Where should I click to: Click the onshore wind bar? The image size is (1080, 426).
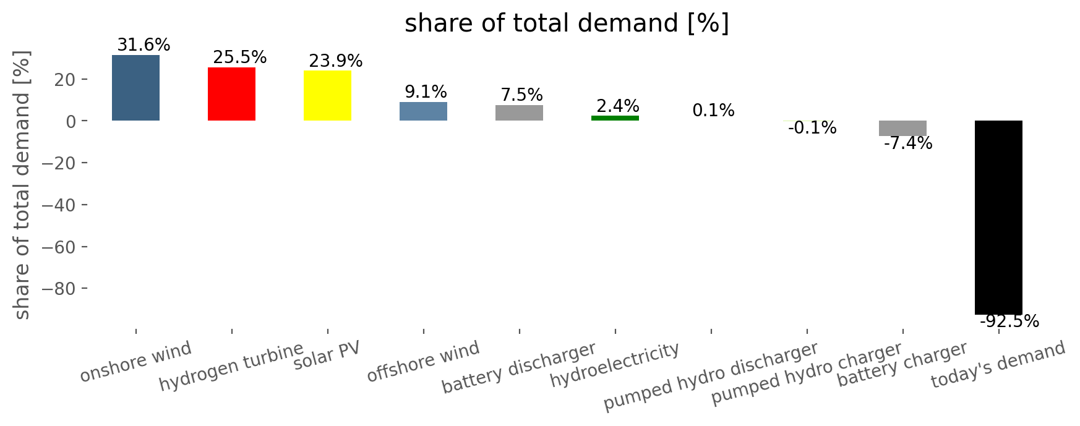(135, 88)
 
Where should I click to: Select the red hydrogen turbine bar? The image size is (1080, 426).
(231, 94)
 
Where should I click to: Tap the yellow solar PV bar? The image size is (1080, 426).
(327, 96)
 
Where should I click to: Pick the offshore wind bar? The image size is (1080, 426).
(423, 111)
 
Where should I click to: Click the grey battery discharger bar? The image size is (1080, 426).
(519, 113)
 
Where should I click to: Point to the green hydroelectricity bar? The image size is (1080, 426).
(615, 118)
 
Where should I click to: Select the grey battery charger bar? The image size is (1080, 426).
(902, 128)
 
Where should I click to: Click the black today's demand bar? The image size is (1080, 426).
(998, 218)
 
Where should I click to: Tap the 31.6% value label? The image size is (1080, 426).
(144, 45)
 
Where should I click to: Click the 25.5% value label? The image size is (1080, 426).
(240, 58)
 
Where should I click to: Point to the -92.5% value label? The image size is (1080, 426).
(1009, 322)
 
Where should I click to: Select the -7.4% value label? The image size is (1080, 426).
(908, 143)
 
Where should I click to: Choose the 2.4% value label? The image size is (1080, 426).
(618, 106)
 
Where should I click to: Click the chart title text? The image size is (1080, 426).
(567, 23)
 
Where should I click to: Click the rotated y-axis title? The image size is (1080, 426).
(22, 185)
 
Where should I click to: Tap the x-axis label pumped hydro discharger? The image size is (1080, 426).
(711, 376)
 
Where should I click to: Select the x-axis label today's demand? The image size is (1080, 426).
(998, 365)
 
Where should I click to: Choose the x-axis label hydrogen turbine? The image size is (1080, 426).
(231, 367)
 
